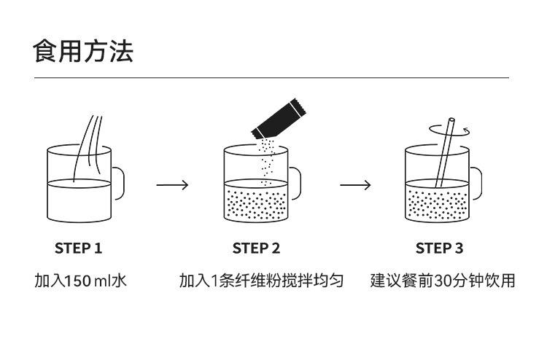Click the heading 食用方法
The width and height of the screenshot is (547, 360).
tap(83, 52)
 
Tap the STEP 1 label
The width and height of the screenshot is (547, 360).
tap(78, 249)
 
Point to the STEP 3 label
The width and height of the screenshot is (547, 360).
tap(439, 249)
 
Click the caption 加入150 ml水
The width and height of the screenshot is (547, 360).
tap(80, 281)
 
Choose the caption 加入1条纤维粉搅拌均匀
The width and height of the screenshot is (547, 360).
tap(261, 281)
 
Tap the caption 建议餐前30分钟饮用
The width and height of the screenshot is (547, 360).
tap(442, 281)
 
